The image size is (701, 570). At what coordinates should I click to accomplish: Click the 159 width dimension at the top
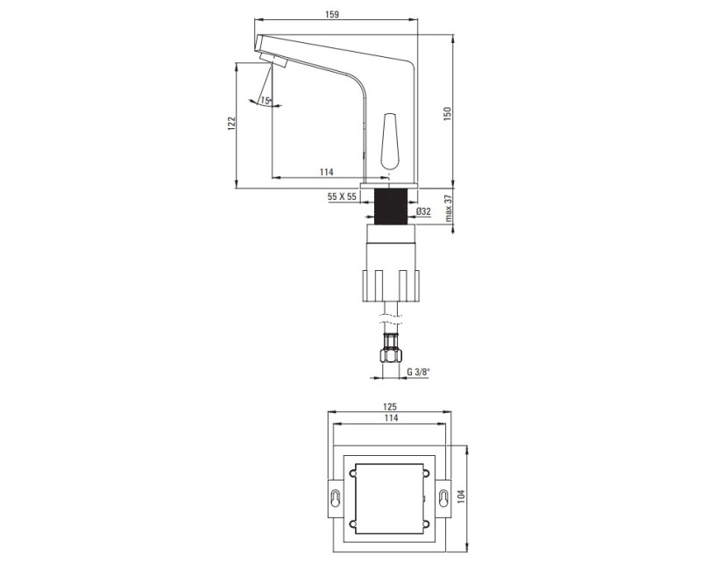[x=332, y=14]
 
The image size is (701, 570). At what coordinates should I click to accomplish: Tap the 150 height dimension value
[x=448, y=114]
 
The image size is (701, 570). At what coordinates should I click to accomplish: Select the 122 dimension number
[x=231, y=124]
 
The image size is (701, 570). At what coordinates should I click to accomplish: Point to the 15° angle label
[x=266, y=101]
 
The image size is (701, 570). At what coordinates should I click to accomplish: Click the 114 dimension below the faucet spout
[x=326, y=172]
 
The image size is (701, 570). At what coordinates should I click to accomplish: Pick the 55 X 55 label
[x=342, y=196]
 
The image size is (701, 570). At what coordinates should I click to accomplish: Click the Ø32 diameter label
[x=423, y=211]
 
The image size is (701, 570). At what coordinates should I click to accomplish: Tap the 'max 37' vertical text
[x=449, y=210]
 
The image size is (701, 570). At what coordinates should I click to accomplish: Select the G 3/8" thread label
[x=418, y=371]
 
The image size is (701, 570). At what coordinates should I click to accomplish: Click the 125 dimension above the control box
[x=390, y=407]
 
